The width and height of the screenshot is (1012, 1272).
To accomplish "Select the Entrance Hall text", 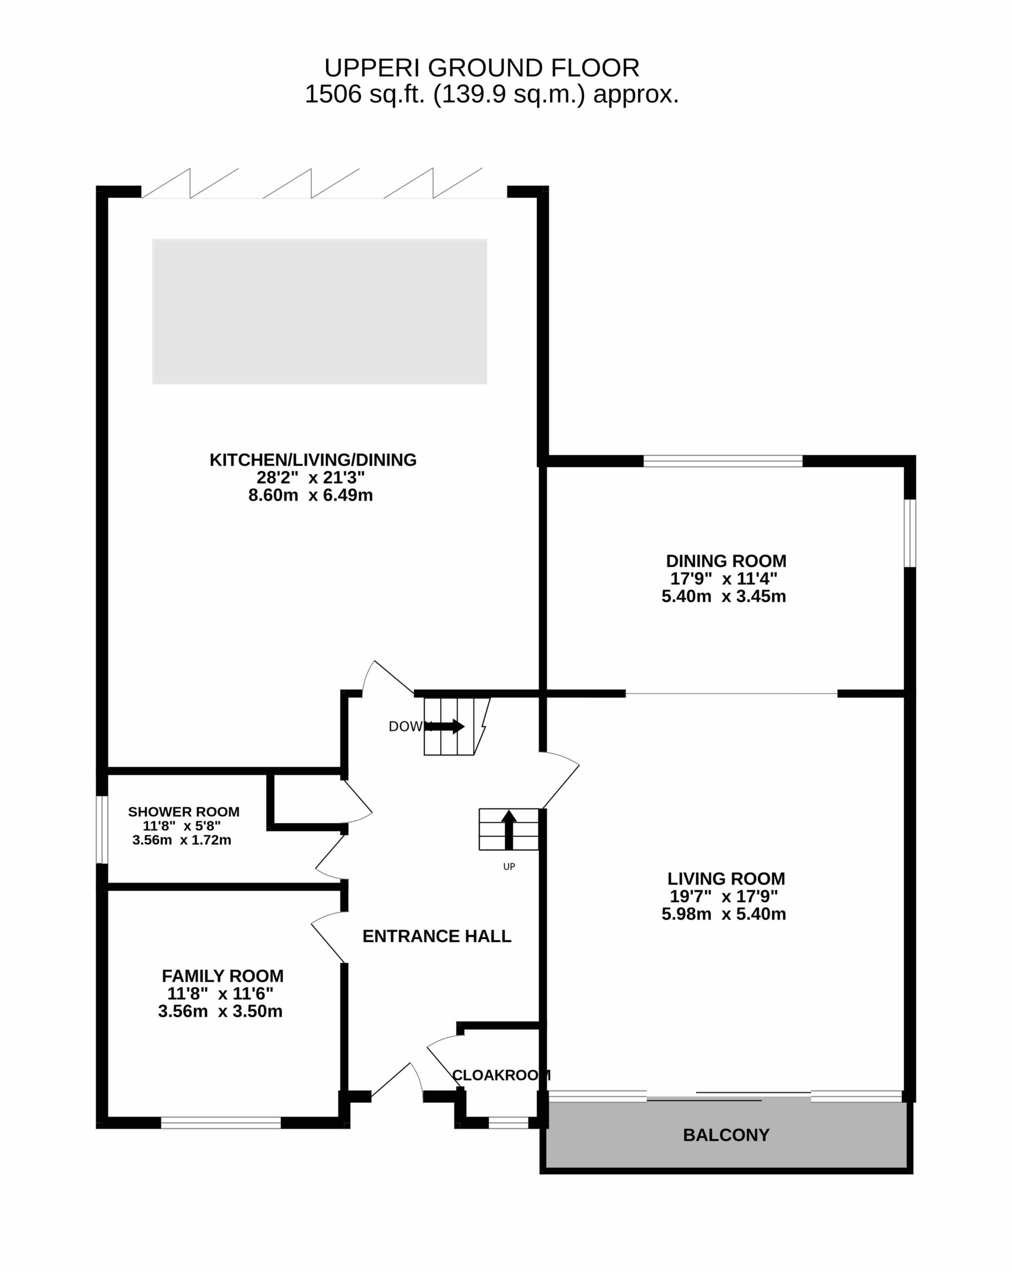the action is point(436,936).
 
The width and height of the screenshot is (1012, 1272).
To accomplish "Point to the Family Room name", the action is point(222,976).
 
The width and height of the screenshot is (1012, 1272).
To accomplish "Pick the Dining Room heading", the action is point(726,560).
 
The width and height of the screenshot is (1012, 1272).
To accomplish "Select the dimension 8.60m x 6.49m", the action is point(310,495).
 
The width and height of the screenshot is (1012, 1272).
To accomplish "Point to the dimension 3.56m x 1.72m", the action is point(182,840).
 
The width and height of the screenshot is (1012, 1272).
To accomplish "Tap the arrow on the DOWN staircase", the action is point(444,726).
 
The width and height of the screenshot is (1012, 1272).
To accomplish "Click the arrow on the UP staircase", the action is point(509,829).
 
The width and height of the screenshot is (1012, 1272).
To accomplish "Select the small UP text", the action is point(509,867).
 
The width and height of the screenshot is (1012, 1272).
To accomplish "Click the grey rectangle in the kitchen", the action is point(320,312).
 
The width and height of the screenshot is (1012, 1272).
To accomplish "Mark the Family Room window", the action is point(220,1123).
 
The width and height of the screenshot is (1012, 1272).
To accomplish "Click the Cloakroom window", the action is point(508,1123).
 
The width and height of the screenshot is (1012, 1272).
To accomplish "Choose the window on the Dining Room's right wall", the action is point(910,533).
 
